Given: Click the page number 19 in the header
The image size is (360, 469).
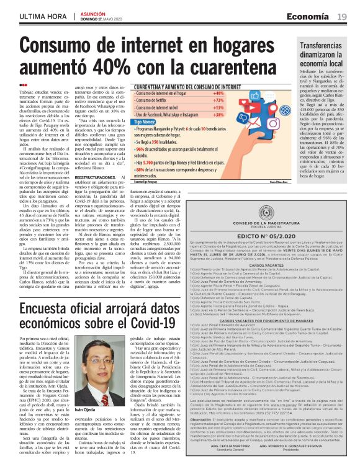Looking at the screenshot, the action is (x=342, y=17).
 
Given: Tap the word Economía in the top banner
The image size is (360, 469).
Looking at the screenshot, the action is (x=313, y=17).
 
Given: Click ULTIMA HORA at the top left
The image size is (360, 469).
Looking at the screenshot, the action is (x=42, y=17).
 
